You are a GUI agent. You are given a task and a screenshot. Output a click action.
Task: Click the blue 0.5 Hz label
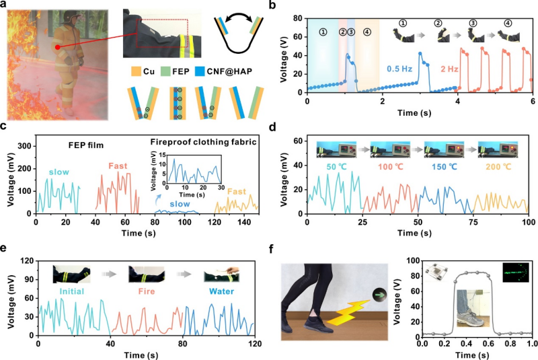(x=401, y=67)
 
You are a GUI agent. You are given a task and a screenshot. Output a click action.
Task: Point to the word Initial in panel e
(x=71, y=292)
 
